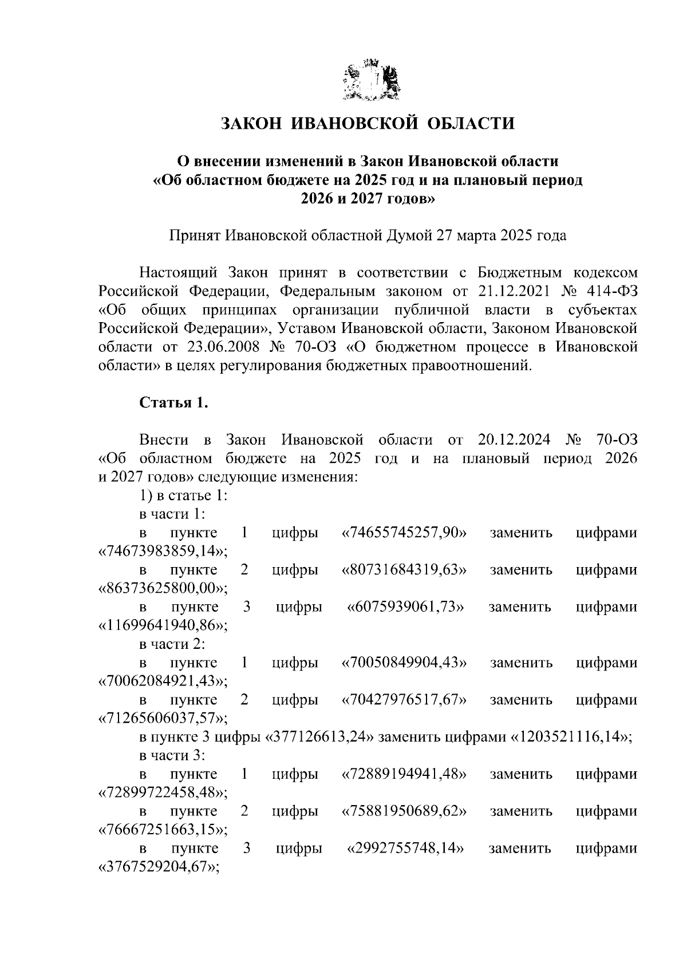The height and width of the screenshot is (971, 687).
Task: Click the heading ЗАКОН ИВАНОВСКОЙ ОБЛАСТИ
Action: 368,124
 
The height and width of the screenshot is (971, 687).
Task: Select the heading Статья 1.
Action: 173,403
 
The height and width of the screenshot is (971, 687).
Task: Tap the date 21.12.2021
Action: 514,291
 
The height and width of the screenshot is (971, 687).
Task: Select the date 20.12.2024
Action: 513,439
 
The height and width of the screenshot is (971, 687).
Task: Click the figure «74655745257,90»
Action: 404,533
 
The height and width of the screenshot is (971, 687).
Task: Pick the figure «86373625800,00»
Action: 163,588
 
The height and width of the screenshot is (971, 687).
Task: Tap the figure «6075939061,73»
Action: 405,607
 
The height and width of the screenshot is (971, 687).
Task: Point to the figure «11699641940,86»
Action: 163,625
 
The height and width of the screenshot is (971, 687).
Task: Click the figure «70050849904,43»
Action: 404,663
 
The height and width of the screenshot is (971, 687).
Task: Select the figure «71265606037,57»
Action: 163,718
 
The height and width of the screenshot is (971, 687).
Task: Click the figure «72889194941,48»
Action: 404,774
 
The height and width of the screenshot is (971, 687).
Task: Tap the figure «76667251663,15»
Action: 163,830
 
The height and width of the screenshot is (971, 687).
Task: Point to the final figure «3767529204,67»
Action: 160,867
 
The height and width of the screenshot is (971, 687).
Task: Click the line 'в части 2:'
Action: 172,644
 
